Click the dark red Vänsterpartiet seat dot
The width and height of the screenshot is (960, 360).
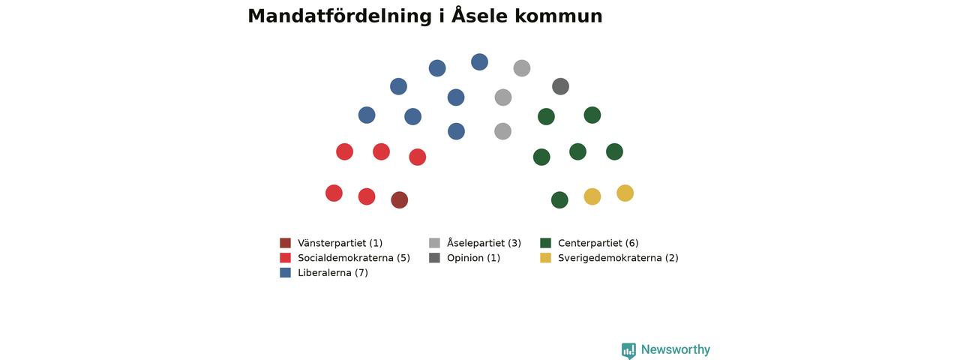(x=400, y=200)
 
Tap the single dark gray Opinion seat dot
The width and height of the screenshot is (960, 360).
(x=560, y=86)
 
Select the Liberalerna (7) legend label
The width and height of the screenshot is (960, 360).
(x=333, y=272)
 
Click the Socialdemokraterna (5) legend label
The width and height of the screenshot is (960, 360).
(x=354, y=258)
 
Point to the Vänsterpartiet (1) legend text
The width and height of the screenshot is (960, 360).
(x=340, y=243)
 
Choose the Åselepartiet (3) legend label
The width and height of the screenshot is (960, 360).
(x=484, y=243)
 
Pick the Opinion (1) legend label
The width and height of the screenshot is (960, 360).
(x=473, y=258)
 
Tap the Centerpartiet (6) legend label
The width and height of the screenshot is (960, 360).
(x=598, y=243)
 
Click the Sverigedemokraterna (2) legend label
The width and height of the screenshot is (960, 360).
(x=618, y=258)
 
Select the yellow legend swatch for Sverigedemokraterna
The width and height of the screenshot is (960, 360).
(x=545, y=258)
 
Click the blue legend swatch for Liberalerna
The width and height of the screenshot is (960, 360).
(x=286, y=272)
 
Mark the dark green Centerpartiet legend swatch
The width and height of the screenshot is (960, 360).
(x=545, y=243)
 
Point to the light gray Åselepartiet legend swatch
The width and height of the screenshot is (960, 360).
(x=434, y=243)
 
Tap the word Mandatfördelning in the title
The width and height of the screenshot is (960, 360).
(x=340, y=16)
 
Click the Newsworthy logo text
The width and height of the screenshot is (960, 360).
(x=676, y=349)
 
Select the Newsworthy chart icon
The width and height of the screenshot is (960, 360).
(x=628, y=350)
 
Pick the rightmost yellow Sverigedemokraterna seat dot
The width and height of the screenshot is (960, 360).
(x=625, y=193)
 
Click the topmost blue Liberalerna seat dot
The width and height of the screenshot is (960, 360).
(x=479, y=62)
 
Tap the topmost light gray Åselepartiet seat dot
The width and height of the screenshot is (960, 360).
(x=522, y=68)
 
